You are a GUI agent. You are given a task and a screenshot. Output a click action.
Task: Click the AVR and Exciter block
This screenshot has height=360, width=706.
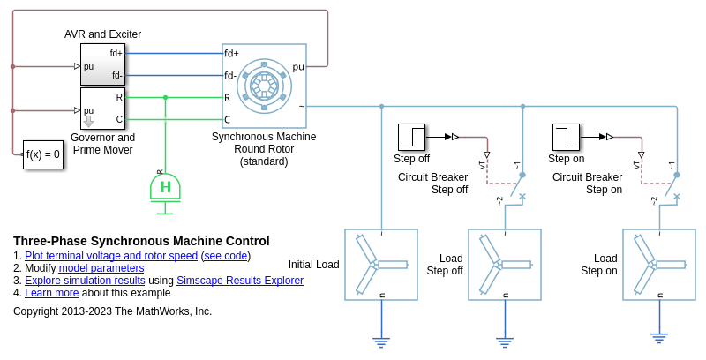click(102, 64)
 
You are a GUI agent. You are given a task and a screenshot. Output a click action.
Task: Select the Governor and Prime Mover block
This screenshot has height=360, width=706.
click(102, 109)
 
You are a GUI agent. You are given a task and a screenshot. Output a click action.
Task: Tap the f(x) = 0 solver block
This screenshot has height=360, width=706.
click(43, 154)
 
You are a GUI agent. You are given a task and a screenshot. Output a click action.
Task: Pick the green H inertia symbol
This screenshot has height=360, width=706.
click(165, 187)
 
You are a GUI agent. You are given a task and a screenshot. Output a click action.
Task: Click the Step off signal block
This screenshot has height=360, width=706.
click(412, 137)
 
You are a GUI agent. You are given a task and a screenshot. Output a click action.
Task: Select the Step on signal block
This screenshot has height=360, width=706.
click(566, 137)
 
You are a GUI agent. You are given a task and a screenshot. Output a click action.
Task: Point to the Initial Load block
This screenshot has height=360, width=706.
click(380, 265)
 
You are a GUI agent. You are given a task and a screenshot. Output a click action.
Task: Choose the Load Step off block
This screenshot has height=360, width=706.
click(504, 265)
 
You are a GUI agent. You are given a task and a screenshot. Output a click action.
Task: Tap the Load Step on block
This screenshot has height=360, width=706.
click(658, 265)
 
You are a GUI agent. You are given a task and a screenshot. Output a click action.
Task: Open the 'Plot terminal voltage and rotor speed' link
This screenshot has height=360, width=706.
click(111, 256)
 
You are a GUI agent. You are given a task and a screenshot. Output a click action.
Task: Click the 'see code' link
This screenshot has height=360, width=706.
click(226, 256)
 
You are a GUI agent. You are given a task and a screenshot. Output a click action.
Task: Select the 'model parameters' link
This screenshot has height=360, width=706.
click(101, 268)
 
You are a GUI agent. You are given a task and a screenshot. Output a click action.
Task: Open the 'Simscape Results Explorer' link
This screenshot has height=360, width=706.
click(240, 281)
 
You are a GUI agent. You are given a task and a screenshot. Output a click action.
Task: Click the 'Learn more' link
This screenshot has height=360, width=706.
click(52, 293)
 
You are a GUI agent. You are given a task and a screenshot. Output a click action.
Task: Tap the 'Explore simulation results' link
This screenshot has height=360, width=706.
click(85, 281)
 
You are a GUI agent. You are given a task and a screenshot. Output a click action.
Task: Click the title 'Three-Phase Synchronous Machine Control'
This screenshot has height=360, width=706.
click(141, 241)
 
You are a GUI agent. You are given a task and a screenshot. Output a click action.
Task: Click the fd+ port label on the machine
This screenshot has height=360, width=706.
click(232, 53)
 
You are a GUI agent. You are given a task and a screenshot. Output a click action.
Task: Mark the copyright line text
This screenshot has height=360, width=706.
click(112, 311)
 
